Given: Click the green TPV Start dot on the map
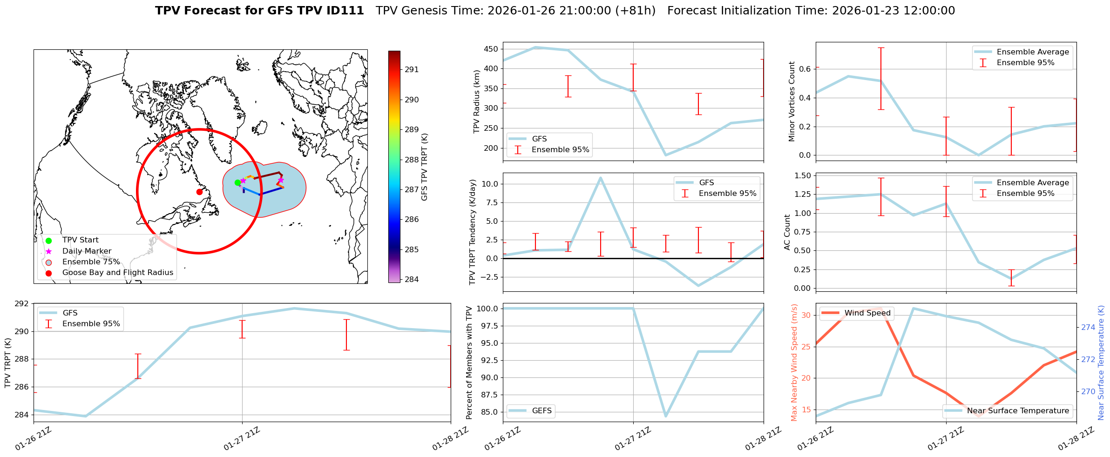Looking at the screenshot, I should click(x=237, y=182).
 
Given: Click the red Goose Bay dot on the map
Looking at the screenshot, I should click(x=199, y=192).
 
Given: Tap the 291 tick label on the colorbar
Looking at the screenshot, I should click(x=412, y=70).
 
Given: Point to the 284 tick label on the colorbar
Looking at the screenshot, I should click(x=412, y=279).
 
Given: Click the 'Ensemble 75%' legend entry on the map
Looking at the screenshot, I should click(x=91, y=262).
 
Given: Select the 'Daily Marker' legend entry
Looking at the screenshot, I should click(x=87, y=251).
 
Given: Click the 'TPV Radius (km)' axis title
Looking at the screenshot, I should click(x=476, y=101).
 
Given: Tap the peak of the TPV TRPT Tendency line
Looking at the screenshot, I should click(x=601, y=177).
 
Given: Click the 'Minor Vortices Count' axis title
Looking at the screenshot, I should click(x=792, y=101).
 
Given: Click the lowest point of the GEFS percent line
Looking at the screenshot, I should click(x=666, y=416).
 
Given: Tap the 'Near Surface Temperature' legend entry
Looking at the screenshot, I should click(x=1018, y=410).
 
